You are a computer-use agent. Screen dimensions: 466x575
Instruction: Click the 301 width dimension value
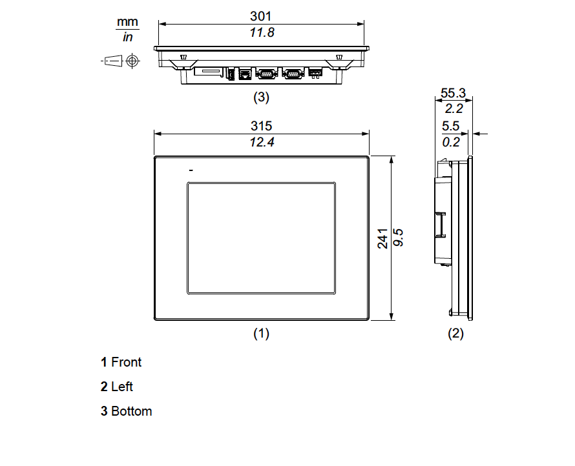coord(261,16)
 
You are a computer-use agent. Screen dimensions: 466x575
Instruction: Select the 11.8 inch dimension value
coord(262,32)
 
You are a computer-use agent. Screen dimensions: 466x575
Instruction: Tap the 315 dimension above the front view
coord(261,126)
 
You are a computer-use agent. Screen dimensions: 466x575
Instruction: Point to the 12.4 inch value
coord(262,142)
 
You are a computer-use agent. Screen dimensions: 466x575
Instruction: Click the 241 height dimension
coord(382,238)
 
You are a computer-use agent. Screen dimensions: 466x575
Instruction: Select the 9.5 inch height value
coord(399,238)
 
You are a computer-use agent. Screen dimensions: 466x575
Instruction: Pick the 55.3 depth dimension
coord(453,94)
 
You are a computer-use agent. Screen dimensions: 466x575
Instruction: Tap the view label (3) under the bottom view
coord(260,98)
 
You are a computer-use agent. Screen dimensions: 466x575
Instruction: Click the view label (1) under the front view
coord(260,334)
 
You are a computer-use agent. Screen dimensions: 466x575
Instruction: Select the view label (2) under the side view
coord(456,334)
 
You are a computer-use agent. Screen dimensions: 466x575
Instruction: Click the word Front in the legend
coord(126,362)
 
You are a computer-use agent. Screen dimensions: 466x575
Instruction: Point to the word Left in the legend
coord(122,387)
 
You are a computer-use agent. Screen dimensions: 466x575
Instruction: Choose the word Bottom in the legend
coord(132,411)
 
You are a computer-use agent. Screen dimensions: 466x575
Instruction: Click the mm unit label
coord(127,23)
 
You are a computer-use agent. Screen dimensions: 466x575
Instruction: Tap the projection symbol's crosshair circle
coord(132,61)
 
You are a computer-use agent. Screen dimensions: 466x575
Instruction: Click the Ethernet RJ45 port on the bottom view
coord(245,74)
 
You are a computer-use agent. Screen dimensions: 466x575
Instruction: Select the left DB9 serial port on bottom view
coord(266,74)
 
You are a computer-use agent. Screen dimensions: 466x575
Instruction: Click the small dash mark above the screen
coord(191,170)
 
